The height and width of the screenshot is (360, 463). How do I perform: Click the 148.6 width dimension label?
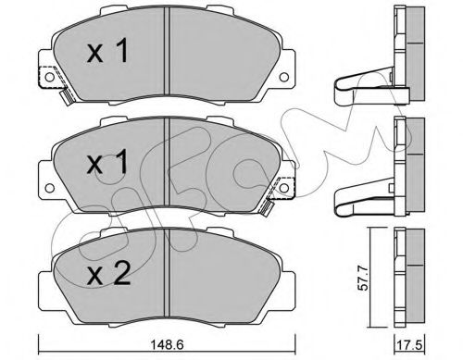pyautogui.click(x=167, y=344)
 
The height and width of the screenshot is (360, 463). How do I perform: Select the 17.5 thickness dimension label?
pyautogui.click(x=408, y=344)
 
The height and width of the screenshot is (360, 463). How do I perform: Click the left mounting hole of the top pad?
pyautogui.click(x=49, y=77)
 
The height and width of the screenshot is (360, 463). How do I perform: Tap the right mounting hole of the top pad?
pyautogui.click(x=284, y=77)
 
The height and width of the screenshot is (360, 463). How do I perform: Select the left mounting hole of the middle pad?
pyautogui.click(x=49, y=188)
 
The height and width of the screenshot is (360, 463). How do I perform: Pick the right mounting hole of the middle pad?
pyautogui.click(x=284, y=188)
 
